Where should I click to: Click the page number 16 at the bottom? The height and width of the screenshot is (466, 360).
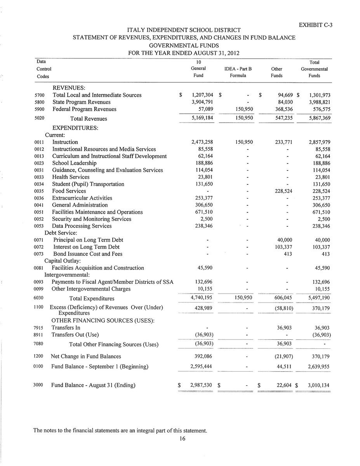(x=182, y=439)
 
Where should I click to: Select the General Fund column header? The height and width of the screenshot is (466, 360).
(x=198, y=69)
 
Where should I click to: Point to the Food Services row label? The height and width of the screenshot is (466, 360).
(x=69, y=191)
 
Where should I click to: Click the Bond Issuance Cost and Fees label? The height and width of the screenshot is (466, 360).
(x=88, y=254)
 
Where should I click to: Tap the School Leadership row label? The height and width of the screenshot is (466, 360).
(x=74, y=163)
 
